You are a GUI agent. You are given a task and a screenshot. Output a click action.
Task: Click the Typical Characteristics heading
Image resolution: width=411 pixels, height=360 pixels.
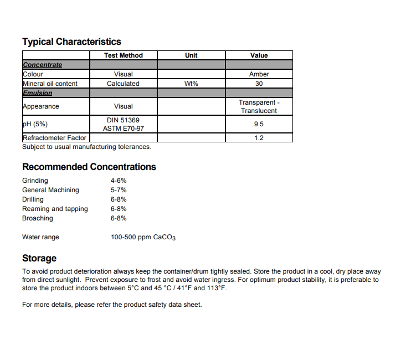coord(71,42)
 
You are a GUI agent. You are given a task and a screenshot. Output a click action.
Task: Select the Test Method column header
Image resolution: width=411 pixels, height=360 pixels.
coord(123,55)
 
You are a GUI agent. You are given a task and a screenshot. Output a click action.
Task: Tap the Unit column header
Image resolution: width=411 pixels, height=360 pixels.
coord(191,55)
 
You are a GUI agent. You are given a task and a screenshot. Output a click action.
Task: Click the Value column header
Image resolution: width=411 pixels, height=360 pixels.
coord(259,55)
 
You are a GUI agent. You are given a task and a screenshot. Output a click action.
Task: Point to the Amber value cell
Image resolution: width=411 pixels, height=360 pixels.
coord(259,74)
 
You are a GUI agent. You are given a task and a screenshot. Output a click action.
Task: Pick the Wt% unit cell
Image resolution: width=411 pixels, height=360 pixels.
coord(191,84)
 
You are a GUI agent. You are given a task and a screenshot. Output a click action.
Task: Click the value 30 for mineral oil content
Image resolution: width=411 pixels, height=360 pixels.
coord(259,84)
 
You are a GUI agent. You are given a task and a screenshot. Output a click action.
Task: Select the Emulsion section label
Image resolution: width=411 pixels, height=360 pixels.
coord(37,93)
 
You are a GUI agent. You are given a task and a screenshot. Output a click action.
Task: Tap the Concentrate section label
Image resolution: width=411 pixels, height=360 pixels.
coord(42,65)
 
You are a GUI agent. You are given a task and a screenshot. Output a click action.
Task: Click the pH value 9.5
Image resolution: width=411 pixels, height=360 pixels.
coord(259,125)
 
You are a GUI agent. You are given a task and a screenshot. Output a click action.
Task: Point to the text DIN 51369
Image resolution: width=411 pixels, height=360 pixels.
coord(123,120)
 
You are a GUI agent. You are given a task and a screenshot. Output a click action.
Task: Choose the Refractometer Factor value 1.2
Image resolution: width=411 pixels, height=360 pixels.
coord(259,138)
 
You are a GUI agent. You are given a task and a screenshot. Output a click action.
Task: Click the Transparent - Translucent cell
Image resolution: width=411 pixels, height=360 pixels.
coord(259,106)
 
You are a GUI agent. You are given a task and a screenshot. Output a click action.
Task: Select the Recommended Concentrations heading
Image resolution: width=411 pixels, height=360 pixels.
coord(89,167)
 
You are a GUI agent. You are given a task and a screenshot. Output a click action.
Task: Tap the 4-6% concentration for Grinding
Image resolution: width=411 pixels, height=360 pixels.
coord(119,181)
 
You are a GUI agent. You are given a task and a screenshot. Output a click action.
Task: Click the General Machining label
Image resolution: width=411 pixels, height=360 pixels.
coord(50,190)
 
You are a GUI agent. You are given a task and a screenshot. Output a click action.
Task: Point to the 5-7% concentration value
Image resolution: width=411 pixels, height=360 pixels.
coord(119,190)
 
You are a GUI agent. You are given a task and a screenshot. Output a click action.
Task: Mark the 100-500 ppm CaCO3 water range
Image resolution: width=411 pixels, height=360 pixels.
coord(143,238)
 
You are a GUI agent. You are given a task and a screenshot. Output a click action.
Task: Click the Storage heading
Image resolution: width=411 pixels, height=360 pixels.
coord(39,258)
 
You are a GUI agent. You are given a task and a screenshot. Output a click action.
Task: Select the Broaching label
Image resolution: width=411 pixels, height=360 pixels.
coord(38,218)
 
